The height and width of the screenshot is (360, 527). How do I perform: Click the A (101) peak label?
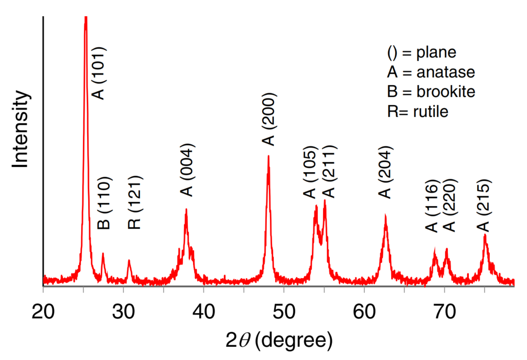(x=99, y=73)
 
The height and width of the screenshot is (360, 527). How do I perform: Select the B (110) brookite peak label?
(x=104, y=203)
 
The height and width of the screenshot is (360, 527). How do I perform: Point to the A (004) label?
(x=187, y=170)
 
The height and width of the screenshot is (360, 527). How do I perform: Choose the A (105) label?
(x=310, y=173)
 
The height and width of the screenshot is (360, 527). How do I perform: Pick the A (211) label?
(x=329, y=173)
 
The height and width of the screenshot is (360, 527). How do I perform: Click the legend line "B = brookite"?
(x=431, y=91)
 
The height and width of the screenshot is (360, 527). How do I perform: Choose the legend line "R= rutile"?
(x=417, y=111)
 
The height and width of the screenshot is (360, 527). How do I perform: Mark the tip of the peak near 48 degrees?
(x=268, y=156)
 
